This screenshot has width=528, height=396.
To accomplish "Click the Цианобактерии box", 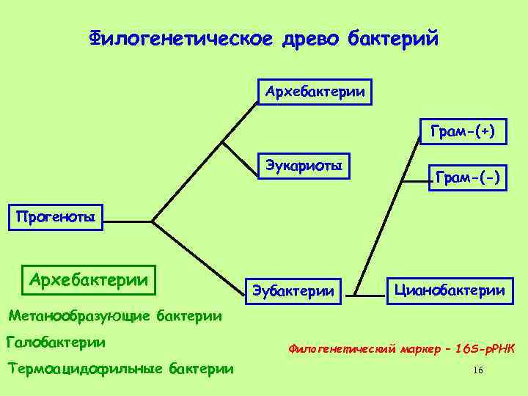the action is point(450,290).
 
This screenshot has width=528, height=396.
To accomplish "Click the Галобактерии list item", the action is point(56,342).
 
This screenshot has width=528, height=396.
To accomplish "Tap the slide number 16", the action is point(478,370).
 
